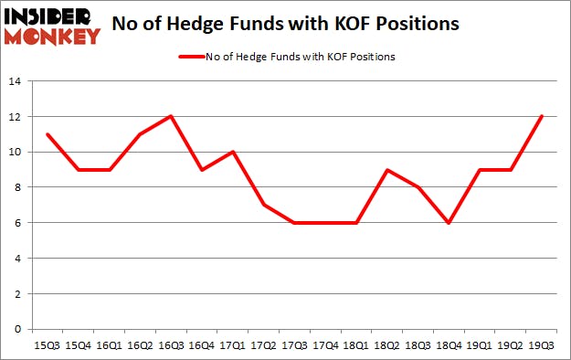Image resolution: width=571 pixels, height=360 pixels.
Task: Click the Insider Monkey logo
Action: [x=52, y=25]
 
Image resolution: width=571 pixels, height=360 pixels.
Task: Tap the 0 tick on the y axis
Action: [x=17, y=329]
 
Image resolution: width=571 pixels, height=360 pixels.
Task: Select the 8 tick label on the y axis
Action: [x=17, y=187]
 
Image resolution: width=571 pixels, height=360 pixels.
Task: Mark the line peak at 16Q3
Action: [x=171, y=116]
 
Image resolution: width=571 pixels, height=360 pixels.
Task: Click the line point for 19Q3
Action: [x=543, y=116]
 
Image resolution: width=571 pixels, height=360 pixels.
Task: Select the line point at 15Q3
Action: [x=47, y=134]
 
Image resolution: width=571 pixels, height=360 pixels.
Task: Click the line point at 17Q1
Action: [x=233, y=152]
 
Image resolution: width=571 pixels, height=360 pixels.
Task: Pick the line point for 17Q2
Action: [x=264, y=205]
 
